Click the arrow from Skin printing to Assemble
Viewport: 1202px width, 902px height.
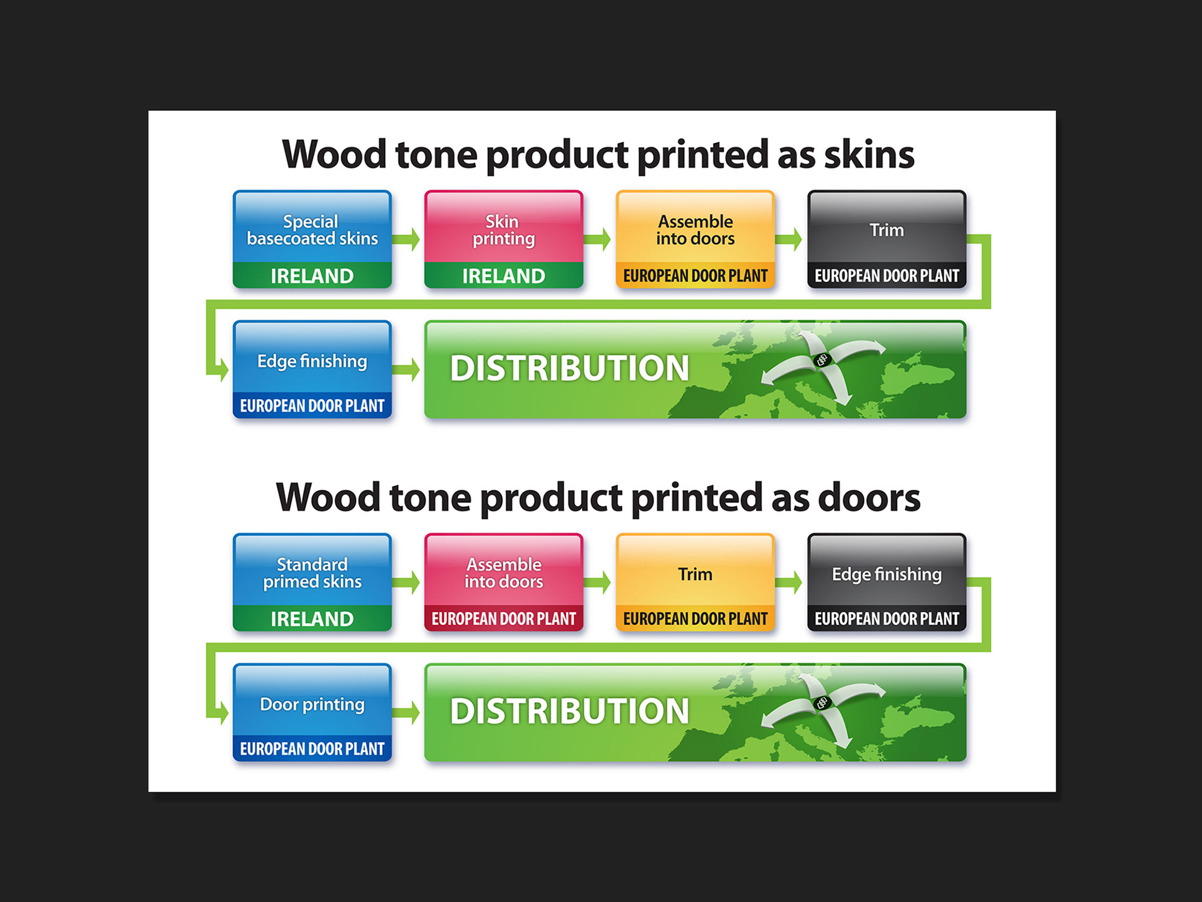click(598, 239)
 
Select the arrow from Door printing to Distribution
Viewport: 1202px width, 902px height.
click(407, 712)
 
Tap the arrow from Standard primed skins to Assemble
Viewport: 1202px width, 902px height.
click(407, 582)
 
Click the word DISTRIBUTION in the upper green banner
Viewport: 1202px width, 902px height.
click(569, 368)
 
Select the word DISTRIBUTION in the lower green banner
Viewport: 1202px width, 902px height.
click(569, 711)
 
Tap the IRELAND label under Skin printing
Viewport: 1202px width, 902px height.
click(503, 276)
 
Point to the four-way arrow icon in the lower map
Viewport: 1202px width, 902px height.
click(822, 703)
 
